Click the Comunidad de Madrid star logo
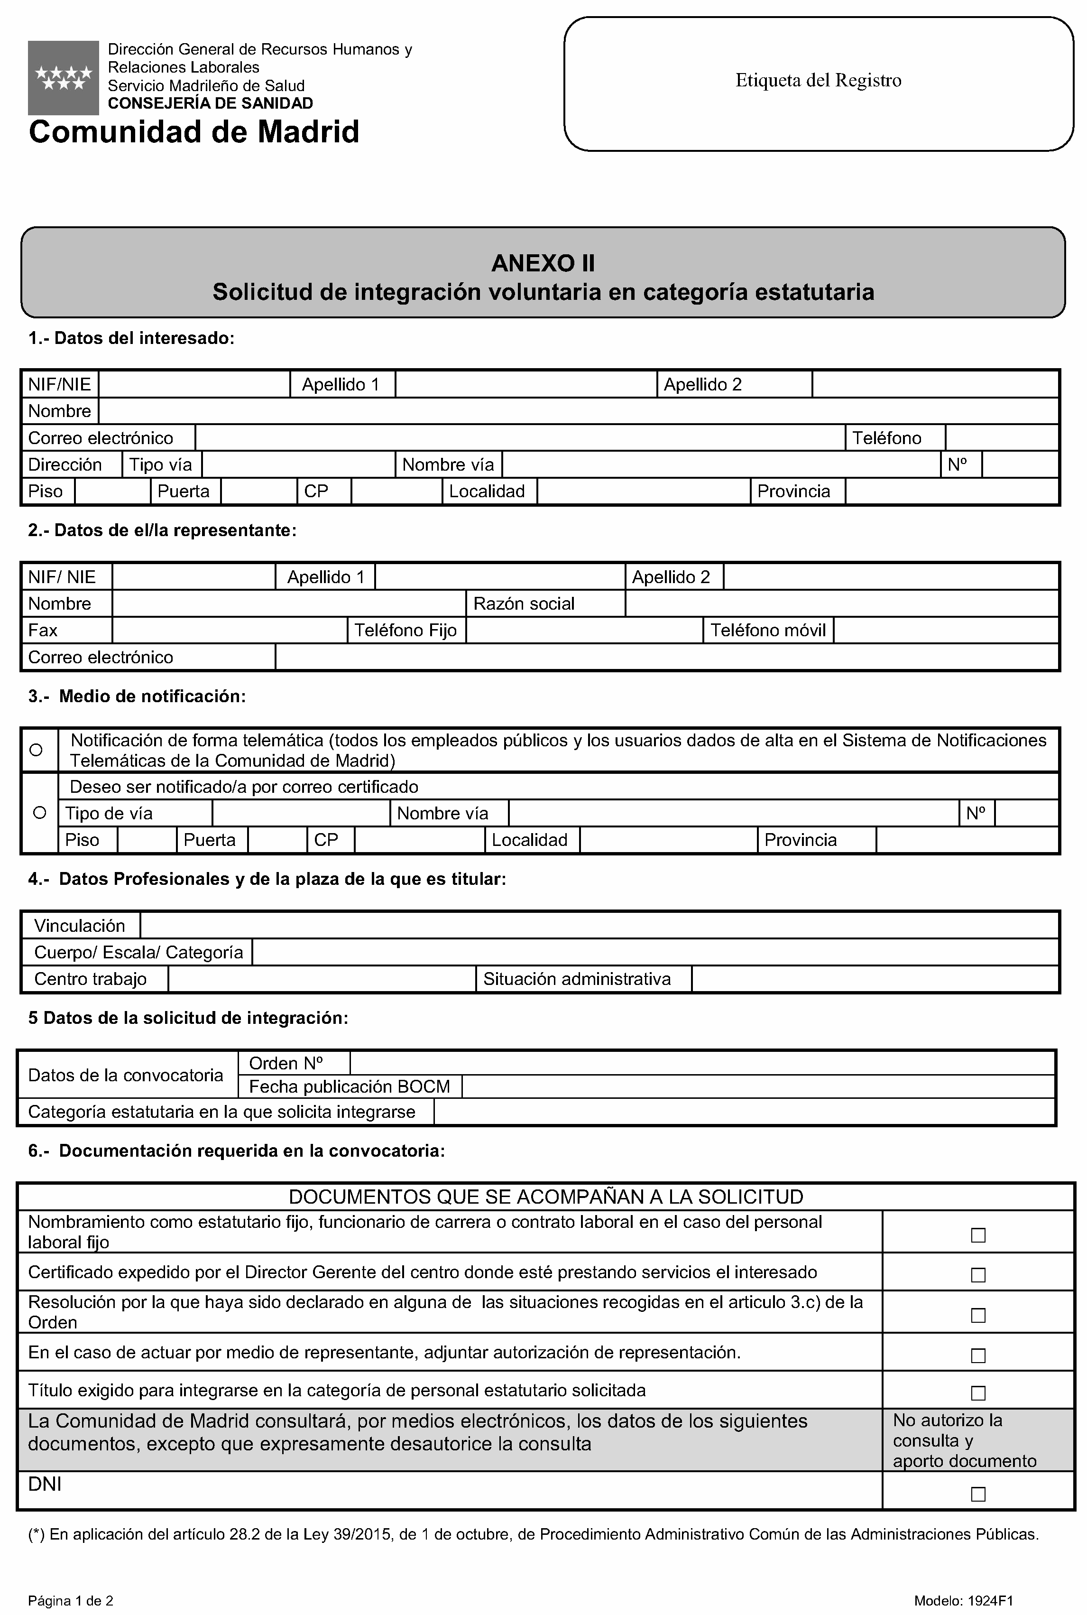[63, 78]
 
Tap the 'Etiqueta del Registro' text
[818, 81]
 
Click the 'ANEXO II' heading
[543, 263]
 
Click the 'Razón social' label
[524, 604]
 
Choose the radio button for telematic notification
[37, 750]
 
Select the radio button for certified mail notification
[39, 813]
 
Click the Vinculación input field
[599, 926]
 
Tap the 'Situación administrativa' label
[577, 979]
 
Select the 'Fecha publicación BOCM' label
[350, 1086]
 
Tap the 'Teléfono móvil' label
[768, 631]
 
